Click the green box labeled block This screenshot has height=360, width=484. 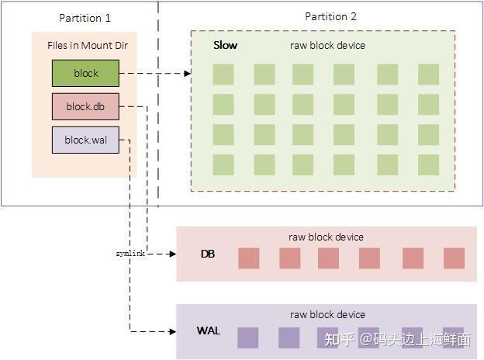[x=85, y=73]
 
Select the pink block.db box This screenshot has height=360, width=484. [x=85, y=106]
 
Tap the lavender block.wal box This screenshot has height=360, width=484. [x=85, y=140]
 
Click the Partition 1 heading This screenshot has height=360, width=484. [x=85, y=18]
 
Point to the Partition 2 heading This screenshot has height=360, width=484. [x=330, y=16]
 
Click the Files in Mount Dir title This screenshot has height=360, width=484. [x=88, y=45]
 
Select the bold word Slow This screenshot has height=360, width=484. [x=226, y=45]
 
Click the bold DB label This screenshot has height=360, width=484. [x=208, y=254]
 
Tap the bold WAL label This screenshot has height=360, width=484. [x=209, y=331]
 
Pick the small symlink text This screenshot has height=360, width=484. [x=130, y=254]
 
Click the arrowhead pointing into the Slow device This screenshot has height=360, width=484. [x=188, y=74]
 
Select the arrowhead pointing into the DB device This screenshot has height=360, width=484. [x=173, y=254]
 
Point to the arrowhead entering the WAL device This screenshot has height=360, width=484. [x=173, y=331]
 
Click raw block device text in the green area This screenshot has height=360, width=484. [x=327, y=45]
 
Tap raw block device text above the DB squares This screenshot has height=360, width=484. [x=326, y=237]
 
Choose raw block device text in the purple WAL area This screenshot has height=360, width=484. [x=327, y=315]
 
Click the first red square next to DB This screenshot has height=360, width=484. [x=249, y=258]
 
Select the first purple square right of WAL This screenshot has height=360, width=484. [x=248, y=337]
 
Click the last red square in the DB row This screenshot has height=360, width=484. [x=454, y=258]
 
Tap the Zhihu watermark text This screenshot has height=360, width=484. [x=398, y=339]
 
